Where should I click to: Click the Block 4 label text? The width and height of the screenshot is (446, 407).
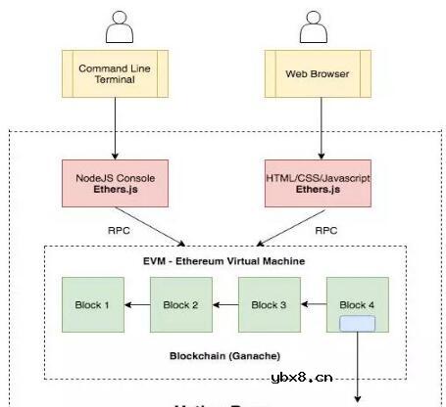click(x=357, y=304)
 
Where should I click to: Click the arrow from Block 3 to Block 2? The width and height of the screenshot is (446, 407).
click(x=225, y=305)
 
